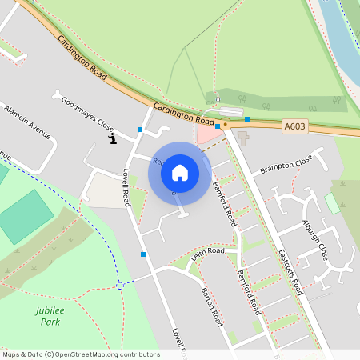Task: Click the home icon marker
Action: point(180,172)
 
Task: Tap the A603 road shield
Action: point(294,126)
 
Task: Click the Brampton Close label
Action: point(286,166)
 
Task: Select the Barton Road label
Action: point(211,306)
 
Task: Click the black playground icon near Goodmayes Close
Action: point(113,141)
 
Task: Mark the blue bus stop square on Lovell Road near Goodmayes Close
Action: point(140,129)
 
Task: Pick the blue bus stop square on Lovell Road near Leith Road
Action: point(143,254)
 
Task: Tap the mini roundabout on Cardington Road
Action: point(226,124)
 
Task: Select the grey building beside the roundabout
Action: point(242,137)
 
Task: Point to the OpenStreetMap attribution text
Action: point(80,354)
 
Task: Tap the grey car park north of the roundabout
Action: point(228,111)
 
